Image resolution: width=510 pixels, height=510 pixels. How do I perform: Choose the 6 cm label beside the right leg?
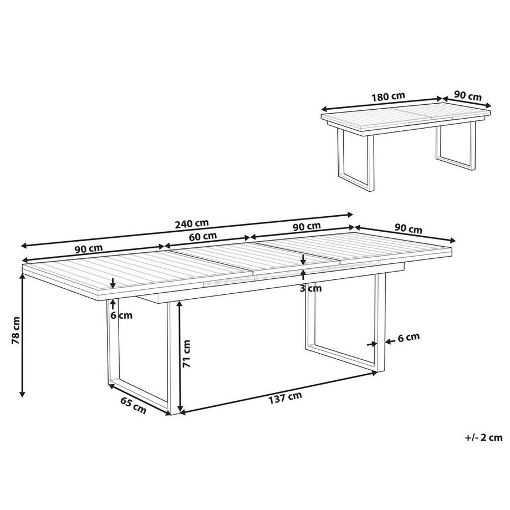(x=408, y=336)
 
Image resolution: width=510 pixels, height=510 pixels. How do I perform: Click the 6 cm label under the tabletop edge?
(x=121, y=315)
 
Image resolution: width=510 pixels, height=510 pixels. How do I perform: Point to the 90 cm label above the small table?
(x=467, y=95)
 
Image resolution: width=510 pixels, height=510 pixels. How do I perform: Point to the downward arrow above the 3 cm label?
(x=303, y=259)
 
